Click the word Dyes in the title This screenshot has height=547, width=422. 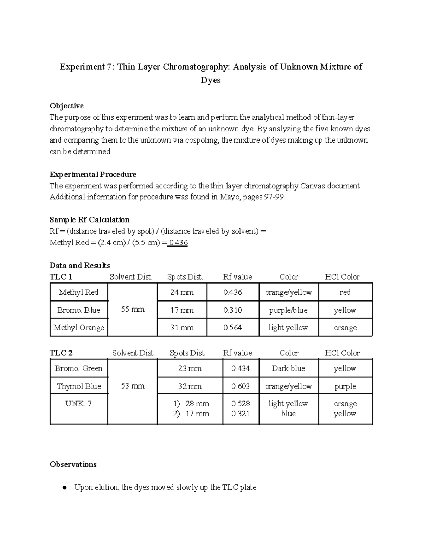coord(211,80)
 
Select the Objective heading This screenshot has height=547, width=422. coord(66,106)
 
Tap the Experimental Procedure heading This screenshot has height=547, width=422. coord(93,175)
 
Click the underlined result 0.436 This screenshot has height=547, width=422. coord(178,243)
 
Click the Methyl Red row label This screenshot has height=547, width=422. coord(78,292)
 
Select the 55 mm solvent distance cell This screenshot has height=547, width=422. coord(133,310)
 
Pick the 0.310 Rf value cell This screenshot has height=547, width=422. coord(232,310)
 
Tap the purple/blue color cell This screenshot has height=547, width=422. coord(288,310)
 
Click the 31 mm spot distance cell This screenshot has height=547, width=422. coord(182,328)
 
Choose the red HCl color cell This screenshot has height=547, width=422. coord(345,292)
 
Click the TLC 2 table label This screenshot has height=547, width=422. coord(61,353)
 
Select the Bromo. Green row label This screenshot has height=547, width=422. coord(78,368)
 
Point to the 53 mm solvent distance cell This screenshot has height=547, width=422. coord(133,386)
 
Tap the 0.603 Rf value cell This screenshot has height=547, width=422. coord(241,386)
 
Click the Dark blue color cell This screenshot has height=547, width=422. coord(288,368)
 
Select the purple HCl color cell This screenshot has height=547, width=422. coord(345,386)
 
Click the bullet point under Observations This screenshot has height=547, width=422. coord(64,488)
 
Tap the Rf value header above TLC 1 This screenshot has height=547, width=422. coord(237,277)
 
